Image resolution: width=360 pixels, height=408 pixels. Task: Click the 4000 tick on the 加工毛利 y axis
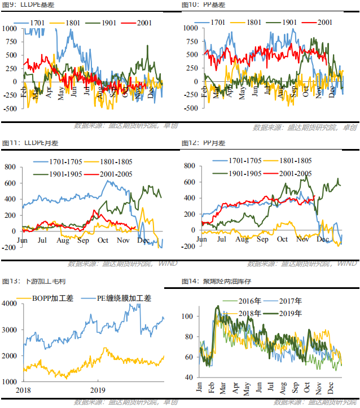[x=11, y=304]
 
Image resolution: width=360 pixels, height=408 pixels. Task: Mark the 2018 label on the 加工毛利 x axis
[x=23, y=389]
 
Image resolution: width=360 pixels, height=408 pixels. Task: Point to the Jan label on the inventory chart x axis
[x=199, y=389]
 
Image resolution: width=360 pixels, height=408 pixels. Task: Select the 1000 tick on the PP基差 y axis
[x=188, y=27]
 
